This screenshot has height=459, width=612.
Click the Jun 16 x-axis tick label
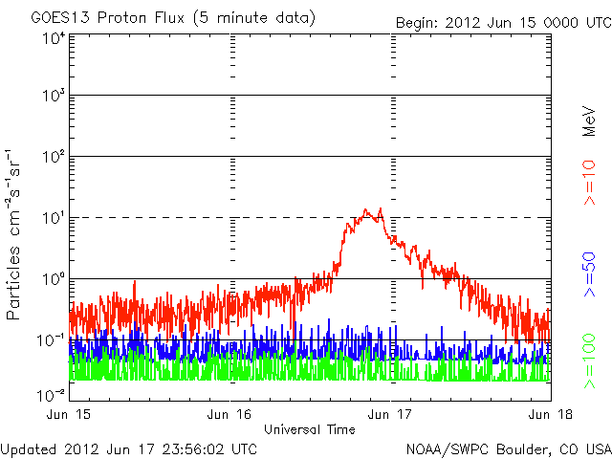tap(229, 414)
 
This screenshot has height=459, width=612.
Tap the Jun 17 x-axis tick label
tap(390, 414)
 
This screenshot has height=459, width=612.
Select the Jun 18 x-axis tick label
tap(548, 414)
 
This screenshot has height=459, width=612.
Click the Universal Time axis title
tap(310, 429)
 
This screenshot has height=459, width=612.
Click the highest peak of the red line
tap(380, 208)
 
